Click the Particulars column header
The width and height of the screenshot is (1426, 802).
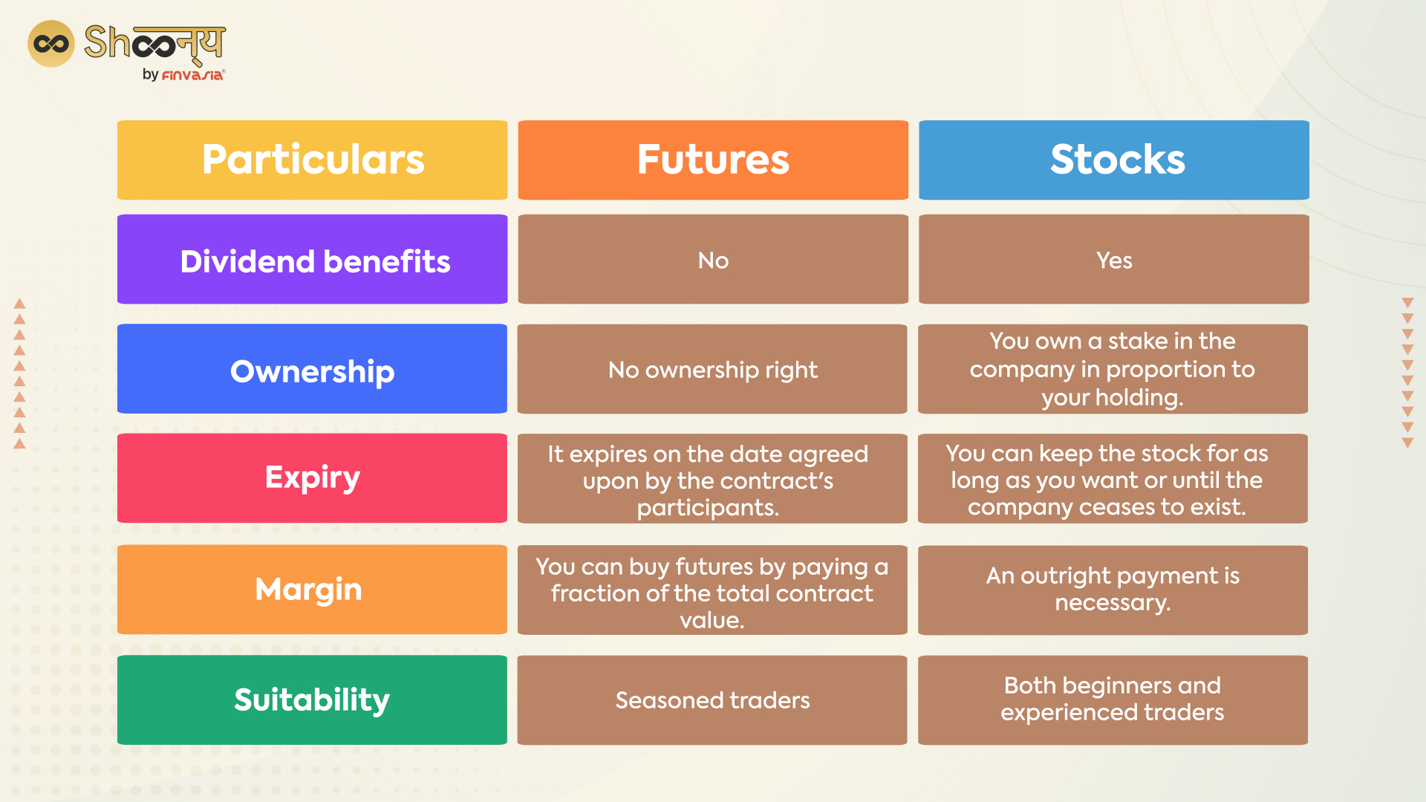pos(312,160)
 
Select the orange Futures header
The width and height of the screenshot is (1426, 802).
pos(713,160)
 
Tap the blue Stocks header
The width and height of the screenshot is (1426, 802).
pos(1114,160)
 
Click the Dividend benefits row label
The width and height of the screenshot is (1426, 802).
pos(312,259)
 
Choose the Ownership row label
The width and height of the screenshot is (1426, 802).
pos(312,368)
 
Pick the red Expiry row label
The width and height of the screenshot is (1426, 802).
pos(312,478)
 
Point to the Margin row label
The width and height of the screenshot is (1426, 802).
pos(312,590)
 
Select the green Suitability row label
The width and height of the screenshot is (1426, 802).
pos(312,700)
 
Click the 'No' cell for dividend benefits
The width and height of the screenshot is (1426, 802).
pos(713,259)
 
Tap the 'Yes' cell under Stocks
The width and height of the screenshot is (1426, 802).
pos(1114,259)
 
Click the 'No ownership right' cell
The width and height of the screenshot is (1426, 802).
pos(712,368)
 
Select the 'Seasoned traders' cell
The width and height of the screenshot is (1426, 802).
pos(712,700)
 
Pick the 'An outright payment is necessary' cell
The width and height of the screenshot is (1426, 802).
pos(1113,590)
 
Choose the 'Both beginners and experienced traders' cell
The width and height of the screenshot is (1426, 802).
pos(1113,700)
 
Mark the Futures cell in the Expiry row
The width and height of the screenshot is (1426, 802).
pos(712,478)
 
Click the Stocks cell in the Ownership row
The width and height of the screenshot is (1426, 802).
pos(1113,368)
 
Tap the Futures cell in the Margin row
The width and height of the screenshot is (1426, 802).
pos(712,590)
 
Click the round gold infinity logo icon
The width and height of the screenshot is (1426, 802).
pos(51,44)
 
